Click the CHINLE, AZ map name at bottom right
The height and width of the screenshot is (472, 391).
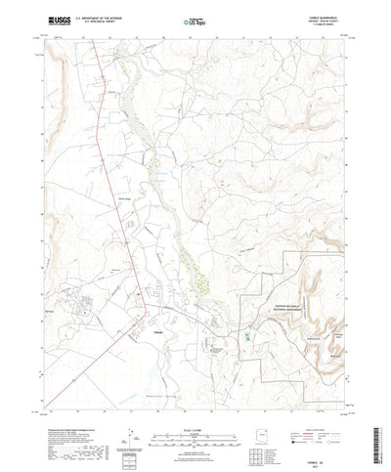tap(318, 448)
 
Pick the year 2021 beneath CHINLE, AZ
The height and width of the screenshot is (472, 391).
tap(318, 453)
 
